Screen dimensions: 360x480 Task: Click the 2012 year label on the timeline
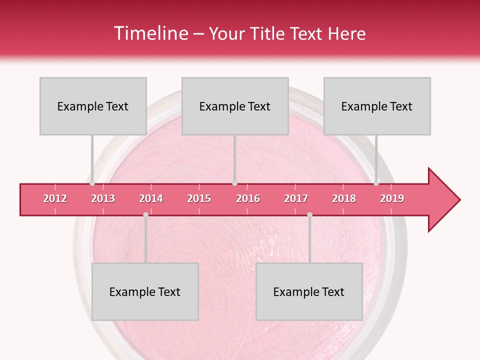[x=55, y=198]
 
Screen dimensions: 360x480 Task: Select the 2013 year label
[x=103, y=198]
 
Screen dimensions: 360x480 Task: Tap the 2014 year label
[x=151, y=198]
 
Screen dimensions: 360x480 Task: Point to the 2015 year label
[x=199, y=198]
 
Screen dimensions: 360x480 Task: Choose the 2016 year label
[x=248, y=198]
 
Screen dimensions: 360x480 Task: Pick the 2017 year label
[x=296, y=198]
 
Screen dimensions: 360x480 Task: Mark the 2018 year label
[x=344, y=198]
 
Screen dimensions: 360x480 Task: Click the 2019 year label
[x=392, y=198]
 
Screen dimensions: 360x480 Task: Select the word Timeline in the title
[x=150, y=33]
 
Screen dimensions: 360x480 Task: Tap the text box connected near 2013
[x=93, y=106]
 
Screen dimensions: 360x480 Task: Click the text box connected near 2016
[x=235, y=106]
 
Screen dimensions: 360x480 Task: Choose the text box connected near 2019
[x=377, y=106]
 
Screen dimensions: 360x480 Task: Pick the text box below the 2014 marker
[x=145, y=291]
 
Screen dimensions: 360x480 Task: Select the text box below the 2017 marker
[x=309, y=291]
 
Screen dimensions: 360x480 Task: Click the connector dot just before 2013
[x=92, y=183]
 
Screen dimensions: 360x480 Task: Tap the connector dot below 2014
[x=145, y=214]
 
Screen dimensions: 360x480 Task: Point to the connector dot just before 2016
[x=234, y=183]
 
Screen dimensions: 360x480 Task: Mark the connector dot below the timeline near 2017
[x=309, y=214]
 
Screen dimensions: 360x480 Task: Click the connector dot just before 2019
[x=376, y=183]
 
